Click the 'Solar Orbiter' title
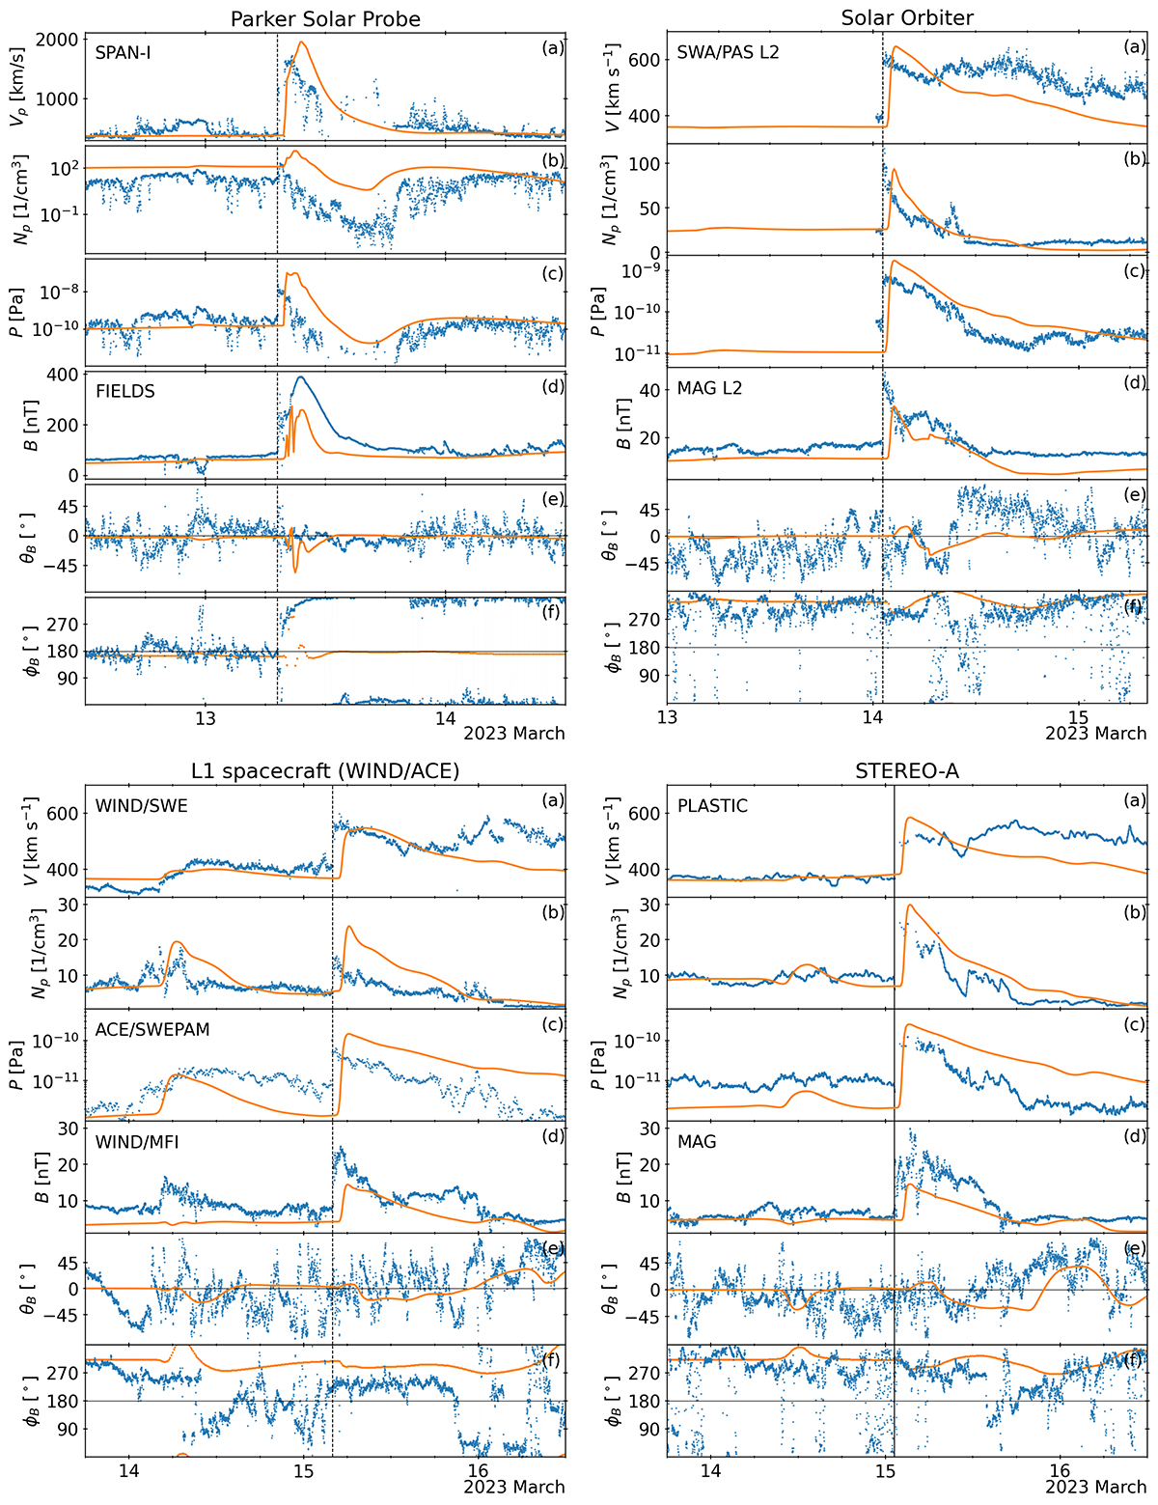[907, 17]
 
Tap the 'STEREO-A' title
[907, 769]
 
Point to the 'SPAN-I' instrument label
[123, 53]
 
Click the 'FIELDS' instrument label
[125, 392]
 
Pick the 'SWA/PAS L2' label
[728, 52]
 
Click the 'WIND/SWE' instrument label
[141, 806]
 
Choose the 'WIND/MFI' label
[137, 1142]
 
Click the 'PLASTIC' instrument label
[712, 806]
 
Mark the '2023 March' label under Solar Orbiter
[1095, 734]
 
